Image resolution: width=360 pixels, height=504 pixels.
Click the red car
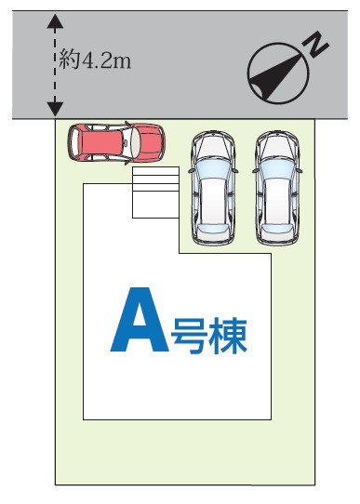(x=116, y=142)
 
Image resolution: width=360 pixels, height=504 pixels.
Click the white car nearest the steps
(x=213, y=188)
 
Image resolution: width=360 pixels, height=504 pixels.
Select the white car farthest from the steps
(x=277, y=188)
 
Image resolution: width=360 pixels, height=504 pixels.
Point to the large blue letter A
(x=140, y=319)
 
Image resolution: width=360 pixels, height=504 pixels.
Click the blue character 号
(x=189, y=337)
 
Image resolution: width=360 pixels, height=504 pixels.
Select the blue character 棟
(x=228, y=337)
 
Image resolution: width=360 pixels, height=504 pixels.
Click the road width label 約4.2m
(x=96, y=60)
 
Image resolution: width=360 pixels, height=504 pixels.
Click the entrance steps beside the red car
(x=155, y=192)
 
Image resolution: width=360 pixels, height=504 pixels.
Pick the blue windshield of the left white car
(x=213, y=168)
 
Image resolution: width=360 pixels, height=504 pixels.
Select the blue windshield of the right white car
(x=277, y=168)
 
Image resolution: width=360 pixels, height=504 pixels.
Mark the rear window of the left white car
(x=213, y=229)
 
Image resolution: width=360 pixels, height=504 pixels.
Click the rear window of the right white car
(x=277, y=229)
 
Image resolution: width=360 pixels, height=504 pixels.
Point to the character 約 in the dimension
(x=69, y=60)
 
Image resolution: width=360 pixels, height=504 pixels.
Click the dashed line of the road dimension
(x=55, y=65)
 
